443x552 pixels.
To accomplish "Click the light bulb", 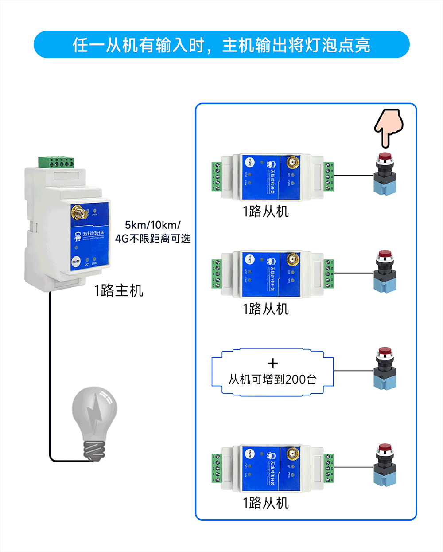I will tap(95, 421).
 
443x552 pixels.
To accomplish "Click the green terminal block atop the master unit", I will tap(56, 162).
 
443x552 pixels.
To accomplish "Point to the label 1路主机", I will tap(118, 291).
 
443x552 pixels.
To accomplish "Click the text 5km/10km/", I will tap(152, 225).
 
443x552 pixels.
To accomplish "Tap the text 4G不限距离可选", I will tap(153, 239).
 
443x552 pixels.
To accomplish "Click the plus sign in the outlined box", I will tap(273, 364).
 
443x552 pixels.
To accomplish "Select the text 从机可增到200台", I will tap(272, 380).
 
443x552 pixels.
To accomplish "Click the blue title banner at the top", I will tap(221, 45).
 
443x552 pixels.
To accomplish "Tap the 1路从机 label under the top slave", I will tap(266, 211).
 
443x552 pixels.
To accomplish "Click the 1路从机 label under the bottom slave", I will tap(266, 503).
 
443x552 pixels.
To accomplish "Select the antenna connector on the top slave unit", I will tap(292, 163).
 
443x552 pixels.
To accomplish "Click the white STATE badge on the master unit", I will tap(76, 262).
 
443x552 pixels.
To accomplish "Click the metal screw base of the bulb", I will tap(96, 450).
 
